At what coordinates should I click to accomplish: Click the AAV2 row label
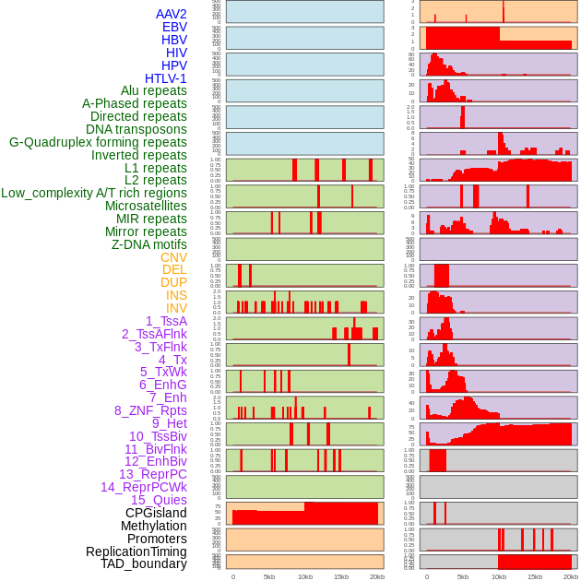pyautogui.click(x=171, y=14)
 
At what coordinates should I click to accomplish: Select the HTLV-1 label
pyautogui.click(x=165, y=78)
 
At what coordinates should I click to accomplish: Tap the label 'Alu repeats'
pyautogui.click(x=153, y=90)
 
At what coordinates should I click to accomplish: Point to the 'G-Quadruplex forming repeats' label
pyautogui.click(x=98, y=142)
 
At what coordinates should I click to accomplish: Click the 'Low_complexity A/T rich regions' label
pyautogui.click(x=93, y=193)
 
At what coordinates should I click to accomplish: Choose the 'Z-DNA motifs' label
pyautogui.click(x=148, y=244)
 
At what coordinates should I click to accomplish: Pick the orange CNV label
pyautogui.click(x=173, y=257)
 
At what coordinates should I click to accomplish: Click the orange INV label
pyautogui.click(x=176, y=308)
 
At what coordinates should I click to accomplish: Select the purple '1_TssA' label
pyautogui.click(x=166, y=321)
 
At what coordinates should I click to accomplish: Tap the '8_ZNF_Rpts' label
pyautogui.click(x=150, y=410)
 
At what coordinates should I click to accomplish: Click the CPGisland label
pyautogui.click(x=156, y=513)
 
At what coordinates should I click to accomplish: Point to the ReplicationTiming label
pyautogui.click(x=136, y=551)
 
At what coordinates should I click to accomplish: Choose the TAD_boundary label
pyautogui.click(x=143, y=563)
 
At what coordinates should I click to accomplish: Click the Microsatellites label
pyautogui.click(x=146, y=206)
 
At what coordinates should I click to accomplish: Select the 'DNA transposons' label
pyautogui.click(x=136, y=129)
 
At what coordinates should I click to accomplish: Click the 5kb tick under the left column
pyautogui.click(x=269, y=576)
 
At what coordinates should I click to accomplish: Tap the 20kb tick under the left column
pyautogui.click(x=377, y=576)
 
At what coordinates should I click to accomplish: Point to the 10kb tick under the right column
pyautogui.click(x=499, y=576)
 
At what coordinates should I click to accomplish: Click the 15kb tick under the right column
pyautogui.click(x=535, y=576)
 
